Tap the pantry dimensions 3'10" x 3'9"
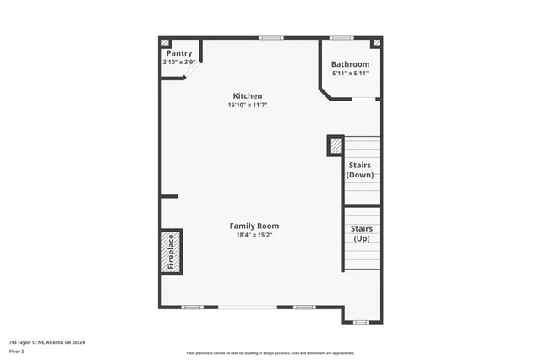pyautogui.click(x=179, y=62)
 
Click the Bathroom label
pyautogui.click(x=350, y=64)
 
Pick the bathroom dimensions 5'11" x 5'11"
pyautogui.click(x=350, y=74)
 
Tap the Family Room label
pyautogui.click(x=254, y=226)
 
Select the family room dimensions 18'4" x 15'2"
pyautogui.click(x=254, y=235)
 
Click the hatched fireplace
pyautogui.click(x=170, y=251)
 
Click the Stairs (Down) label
pyautogui.click(x=359, y=170)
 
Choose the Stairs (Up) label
pyautogui.click(x=361, y=233)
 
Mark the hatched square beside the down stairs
pyautogui.click(x=335, y=145)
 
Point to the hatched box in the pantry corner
pyautogui.click(x=165, y=42)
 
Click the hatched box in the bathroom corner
pyautogui.click(x=376, y=42)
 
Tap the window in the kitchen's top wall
pyautogui.click(x=270, y=37)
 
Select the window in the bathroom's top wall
pyautogui.click(x=342, y=37)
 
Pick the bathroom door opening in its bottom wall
pyautogui.click(x=364, y=99)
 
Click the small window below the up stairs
pyautogui.click(x=361, y=322)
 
